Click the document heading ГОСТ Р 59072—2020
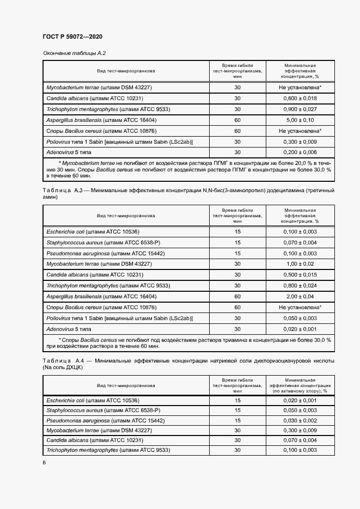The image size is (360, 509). click(x=72, y=36)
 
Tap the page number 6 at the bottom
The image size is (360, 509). click(x=44, y=462)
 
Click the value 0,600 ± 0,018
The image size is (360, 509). click(x=300, y=99)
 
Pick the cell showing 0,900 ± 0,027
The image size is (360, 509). click(x=300, y=109)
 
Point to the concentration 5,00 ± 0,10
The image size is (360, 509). click(x=300, y=120)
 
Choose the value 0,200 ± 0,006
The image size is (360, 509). click(x=300, y=153)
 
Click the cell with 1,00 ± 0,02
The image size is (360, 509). click(x=300, y=264)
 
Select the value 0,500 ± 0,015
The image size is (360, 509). click(x=300, y=275)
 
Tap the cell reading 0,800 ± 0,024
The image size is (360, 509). click(x=300, y=286)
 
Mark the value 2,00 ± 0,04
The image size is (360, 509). click(x=300, y=297)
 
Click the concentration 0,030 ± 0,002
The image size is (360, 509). click(x=300, y=421)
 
